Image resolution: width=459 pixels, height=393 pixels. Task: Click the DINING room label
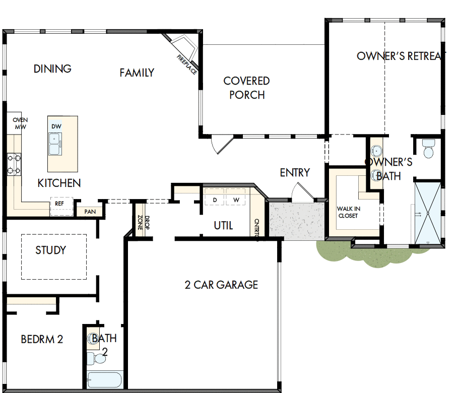52,69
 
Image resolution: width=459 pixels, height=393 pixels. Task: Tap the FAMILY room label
137,73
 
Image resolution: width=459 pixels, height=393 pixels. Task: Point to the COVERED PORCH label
246,88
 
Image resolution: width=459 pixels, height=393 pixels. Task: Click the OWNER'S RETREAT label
398,56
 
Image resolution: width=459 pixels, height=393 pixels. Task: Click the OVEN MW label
20,123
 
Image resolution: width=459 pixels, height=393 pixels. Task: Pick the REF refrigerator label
59,204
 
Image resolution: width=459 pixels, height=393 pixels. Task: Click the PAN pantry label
90,212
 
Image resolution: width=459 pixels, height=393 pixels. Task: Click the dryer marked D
215,200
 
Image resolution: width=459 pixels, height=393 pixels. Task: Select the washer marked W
236,200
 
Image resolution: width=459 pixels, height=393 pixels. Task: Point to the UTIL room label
223,225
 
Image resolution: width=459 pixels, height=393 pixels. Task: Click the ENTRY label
295,173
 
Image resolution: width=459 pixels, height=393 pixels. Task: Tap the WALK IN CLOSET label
349,212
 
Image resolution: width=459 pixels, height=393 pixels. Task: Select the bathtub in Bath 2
104,379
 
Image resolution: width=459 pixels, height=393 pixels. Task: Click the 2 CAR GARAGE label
221,285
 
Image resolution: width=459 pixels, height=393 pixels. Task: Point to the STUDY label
50,250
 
